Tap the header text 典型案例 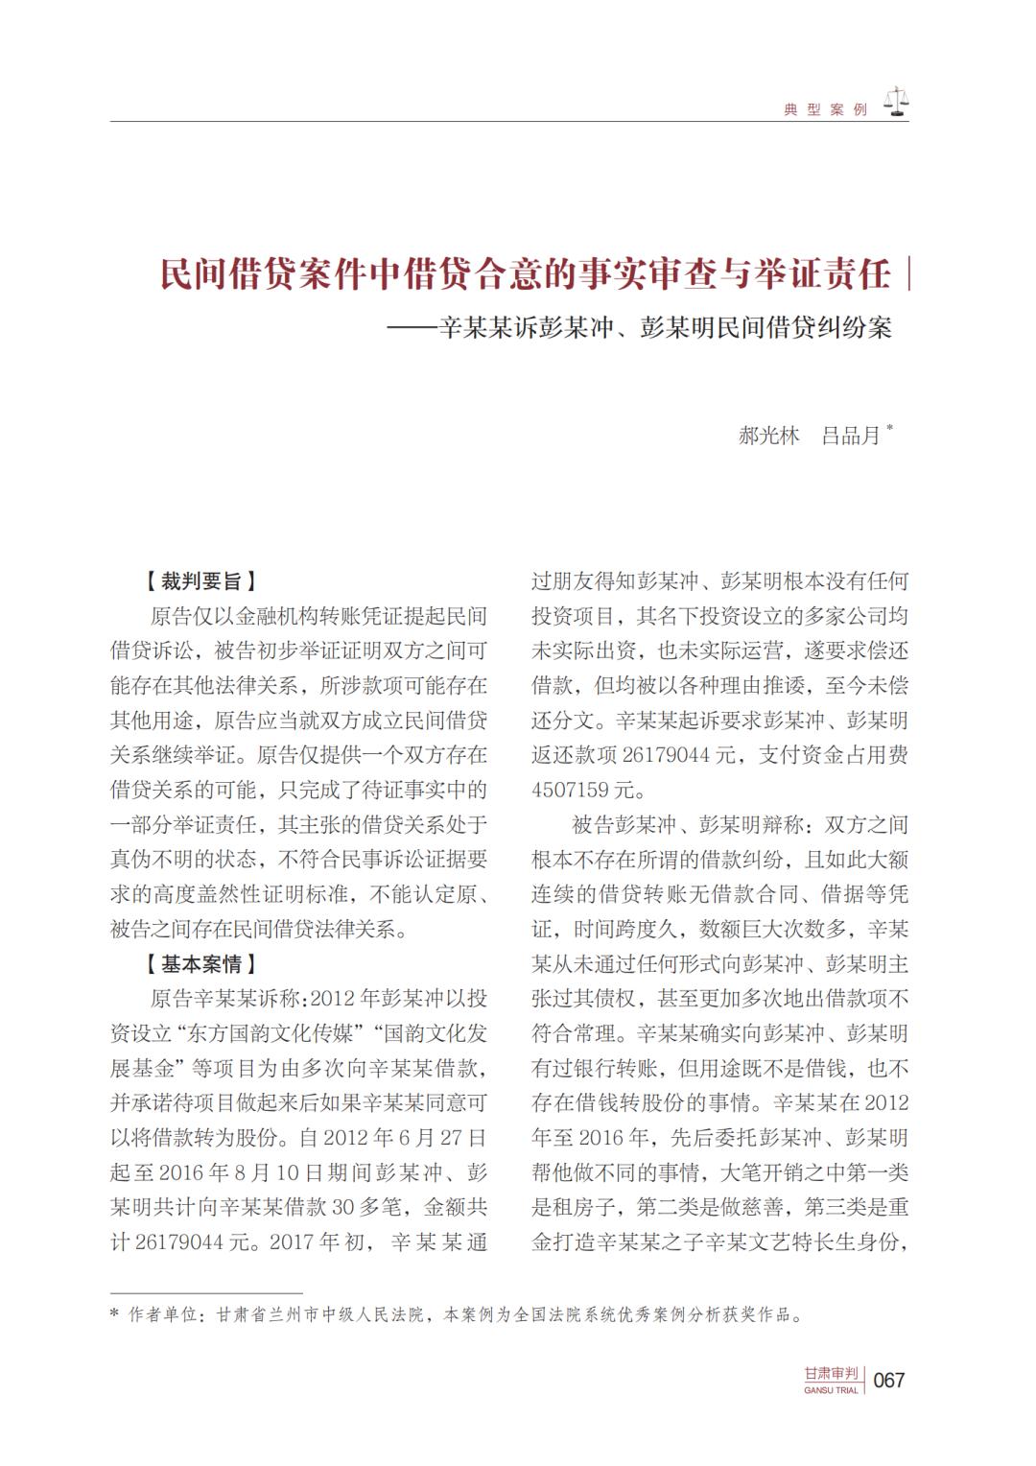tap(825, 110)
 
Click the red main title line tap(526, 274)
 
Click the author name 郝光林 tap(768, 435)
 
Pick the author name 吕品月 tap(851, 435)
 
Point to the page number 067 tap(890, 1380)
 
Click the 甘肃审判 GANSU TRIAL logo tap(832, 1379)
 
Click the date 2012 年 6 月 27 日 tap(406, 1138)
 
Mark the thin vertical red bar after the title tap(907, 274)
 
